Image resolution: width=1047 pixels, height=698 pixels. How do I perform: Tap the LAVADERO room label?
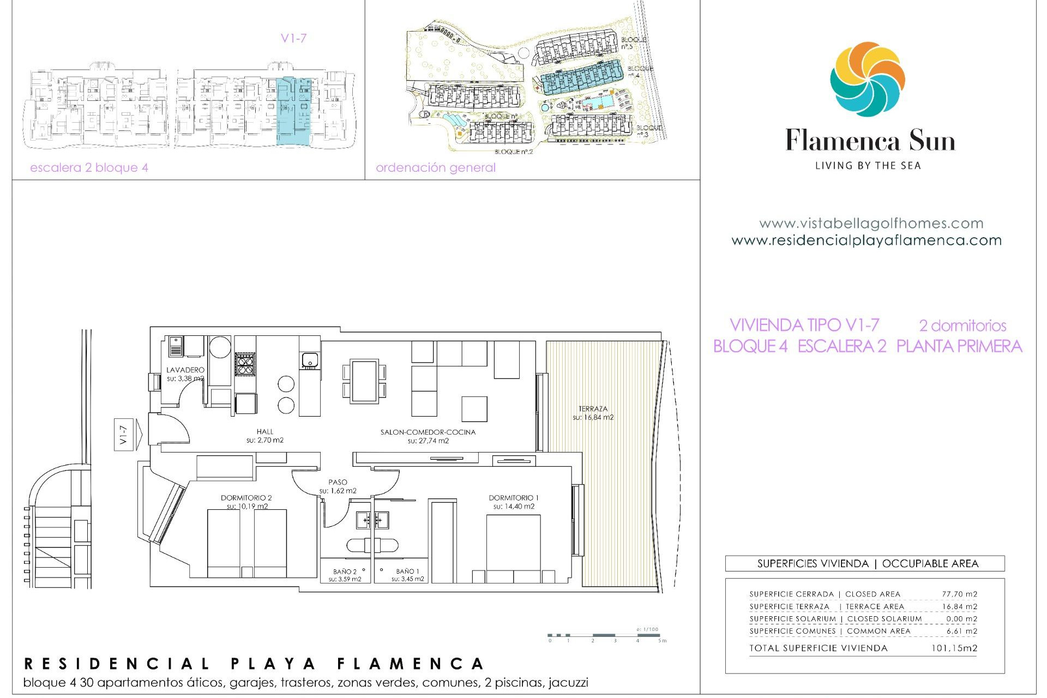185,370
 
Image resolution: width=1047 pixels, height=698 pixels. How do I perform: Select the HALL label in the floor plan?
265,432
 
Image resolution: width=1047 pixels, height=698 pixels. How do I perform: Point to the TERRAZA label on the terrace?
593,409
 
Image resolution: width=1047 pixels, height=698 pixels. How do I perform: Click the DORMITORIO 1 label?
513,498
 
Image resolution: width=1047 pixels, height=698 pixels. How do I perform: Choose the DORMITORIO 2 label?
246,498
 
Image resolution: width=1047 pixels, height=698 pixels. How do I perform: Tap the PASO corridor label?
338,483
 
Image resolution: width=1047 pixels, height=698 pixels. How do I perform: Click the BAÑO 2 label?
345,572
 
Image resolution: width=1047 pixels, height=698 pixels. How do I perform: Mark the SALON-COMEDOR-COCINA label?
428,432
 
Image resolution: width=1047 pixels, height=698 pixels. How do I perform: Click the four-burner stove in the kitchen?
245,364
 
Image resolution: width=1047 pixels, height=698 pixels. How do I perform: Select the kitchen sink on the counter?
310,360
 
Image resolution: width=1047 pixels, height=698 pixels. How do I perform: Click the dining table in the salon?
364,381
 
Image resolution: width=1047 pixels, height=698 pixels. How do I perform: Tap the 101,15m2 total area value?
954,648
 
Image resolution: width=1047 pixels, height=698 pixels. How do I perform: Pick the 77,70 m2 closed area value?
959,594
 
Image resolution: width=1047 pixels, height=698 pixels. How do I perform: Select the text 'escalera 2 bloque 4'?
89,168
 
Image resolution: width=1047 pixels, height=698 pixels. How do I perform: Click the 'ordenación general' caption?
436,168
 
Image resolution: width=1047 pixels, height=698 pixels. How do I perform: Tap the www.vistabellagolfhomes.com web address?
871,224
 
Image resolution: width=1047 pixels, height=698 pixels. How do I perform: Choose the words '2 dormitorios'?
962,326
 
